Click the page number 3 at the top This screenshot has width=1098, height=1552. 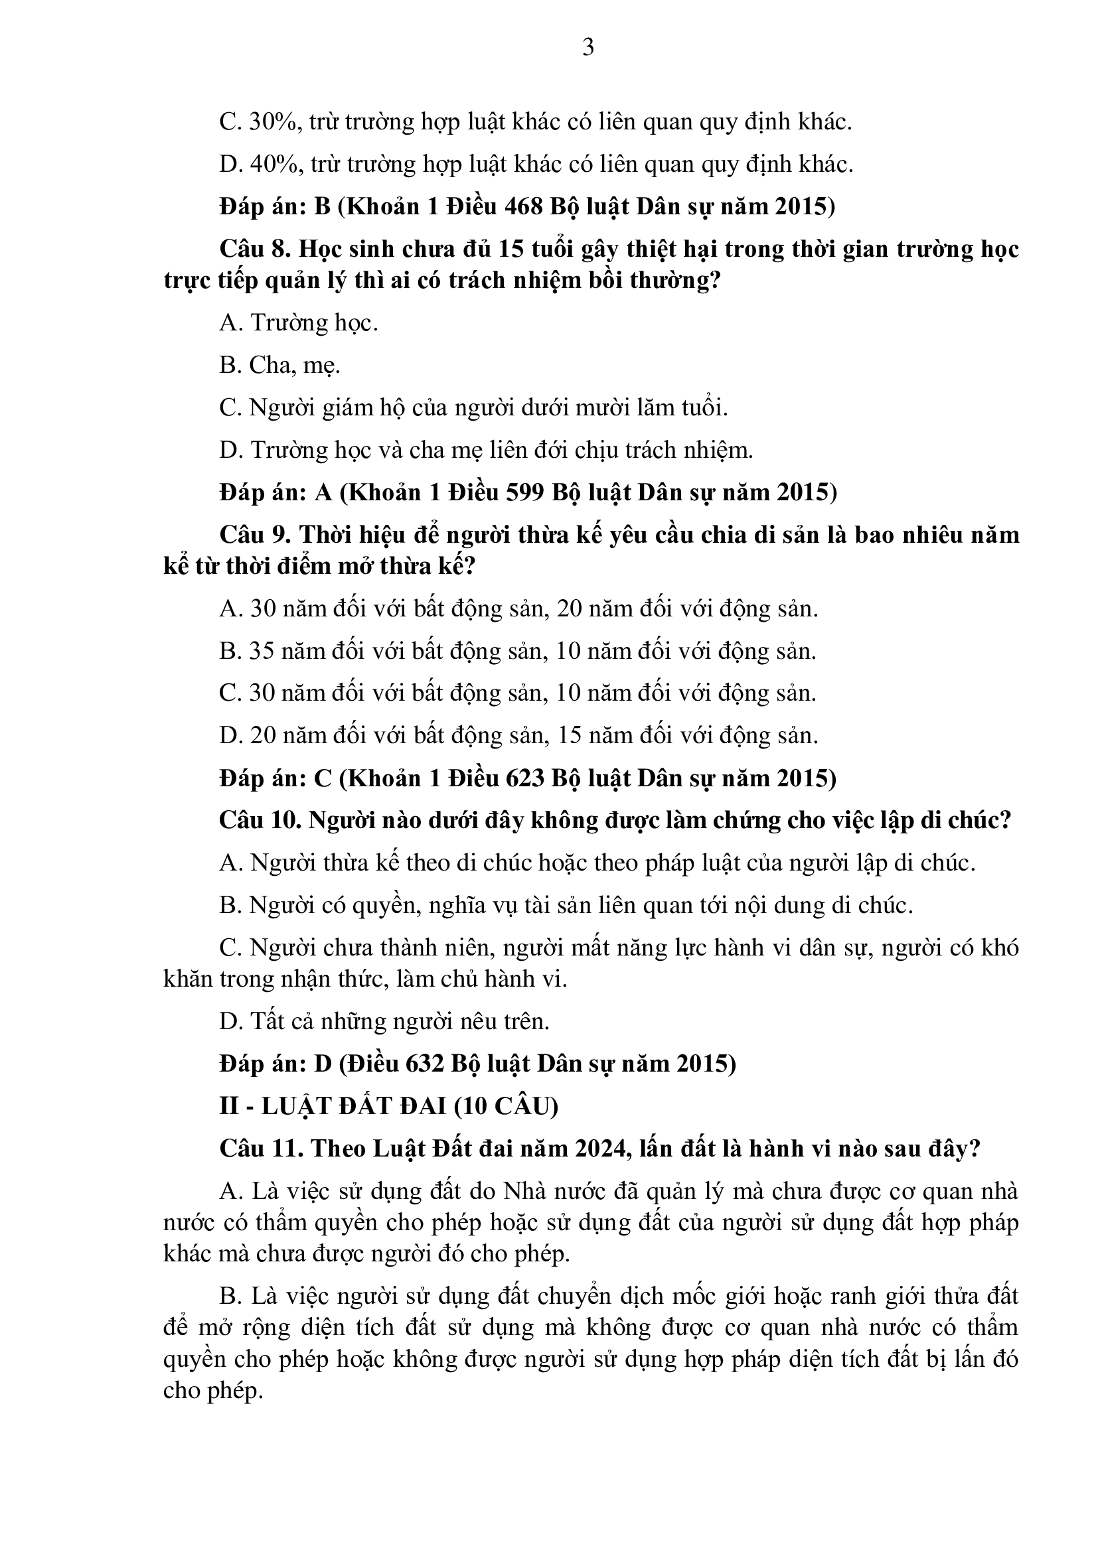pos(588,47)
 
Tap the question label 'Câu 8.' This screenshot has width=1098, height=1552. pos(255,249)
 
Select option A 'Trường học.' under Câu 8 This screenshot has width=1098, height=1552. pos(298,323)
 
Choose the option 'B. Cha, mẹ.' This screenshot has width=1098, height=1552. pos(279,366)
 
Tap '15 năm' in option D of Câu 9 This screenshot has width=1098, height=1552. pos(593,735)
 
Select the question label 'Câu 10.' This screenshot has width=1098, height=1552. pos(260,821)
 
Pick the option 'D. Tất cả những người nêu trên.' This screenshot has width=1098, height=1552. pos(384,1021)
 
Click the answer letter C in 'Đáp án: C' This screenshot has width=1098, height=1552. pos(323,779)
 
